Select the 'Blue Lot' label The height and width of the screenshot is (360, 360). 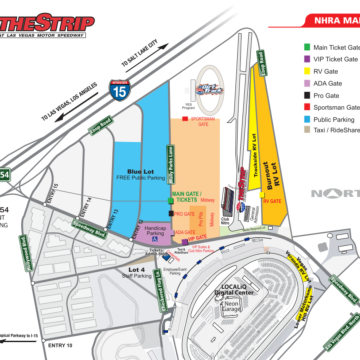tap(140, 174)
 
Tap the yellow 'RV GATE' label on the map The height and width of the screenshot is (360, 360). tap(272, 200)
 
